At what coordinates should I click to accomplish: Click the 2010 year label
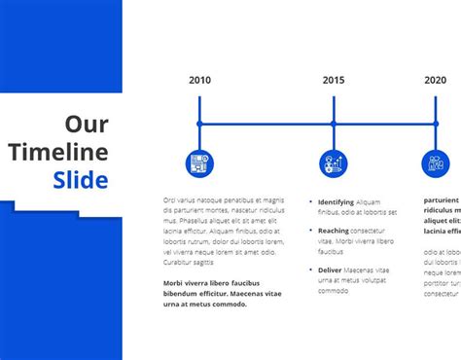[x=199, y=81]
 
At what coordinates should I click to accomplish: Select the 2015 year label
[x=334, y=81]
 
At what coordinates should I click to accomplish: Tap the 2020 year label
[x=436, y=81]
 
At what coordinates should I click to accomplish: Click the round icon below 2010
[x=199, y=162]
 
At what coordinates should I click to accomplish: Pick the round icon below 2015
[x=334, y=162]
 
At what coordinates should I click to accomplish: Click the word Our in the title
[x=87, y=125]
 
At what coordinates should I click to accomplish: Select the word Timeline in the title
[x=72, y=152]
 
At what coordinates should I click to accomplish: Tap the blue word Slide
[x=81, y=180]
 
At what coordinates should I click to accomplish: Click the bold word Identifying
[x=336, y=202]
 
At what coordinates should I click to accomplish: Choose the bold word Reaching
[x=334, y=231]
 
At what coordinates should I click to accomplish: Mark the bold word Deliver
[x=331, y=270]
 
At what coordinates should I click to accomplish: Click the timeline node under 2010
[x=199, y=124]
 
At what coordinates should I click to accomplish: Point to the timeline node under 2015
[x=334, y=124]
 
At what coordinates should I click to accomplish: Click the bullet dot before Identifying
[x=310, y=202]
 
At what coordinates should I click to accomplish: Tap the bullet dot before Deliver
[x=310, y=270]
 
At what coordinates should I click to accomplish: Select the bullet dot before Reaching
[x=310, y=231]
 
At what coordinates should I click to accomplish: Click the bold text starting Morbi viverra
[x=223, y=293]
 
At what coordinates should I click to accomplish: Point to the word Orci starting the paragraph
[x=171, y=199]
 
